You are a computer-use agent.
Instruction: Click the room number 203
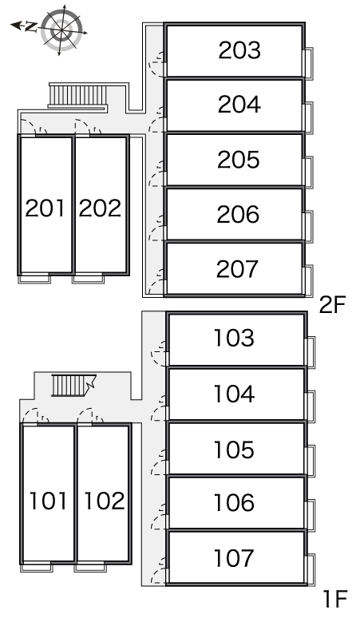coord(239,50)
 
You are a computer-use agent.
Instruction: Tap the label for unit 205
coord(239,160)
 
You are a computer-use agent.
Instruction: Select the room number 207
coord(237,269)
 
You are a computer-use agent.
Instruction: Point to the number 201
coord(45,208)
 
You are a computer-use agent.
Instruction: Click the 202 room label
coord(100,208)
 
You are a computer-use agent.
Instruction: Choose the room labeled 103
coord(234,338)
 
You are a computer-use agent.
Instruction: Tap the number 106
coord(234,502)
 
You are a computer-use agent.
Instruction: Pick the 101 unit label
coord(48,500)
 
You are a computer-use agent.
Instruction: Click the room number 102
coord(105,500)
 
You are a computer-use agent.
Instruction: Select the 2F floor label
coord(332,305)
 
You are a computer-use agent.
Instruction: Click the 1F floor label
coord(335,599)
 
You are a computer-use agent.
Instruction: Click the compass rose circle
coord(61,30)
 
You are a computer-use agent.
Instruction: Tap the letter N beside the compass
coord(30,26)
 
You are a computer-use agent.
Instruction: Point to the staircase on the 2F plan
coord(77,96)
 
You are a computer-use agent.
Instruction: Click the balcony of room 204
coord(309,117)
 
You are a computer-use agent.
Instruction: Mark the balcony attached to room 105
coord(311,461)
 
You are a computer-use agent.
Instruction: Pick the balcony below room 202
coord(89,279)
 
